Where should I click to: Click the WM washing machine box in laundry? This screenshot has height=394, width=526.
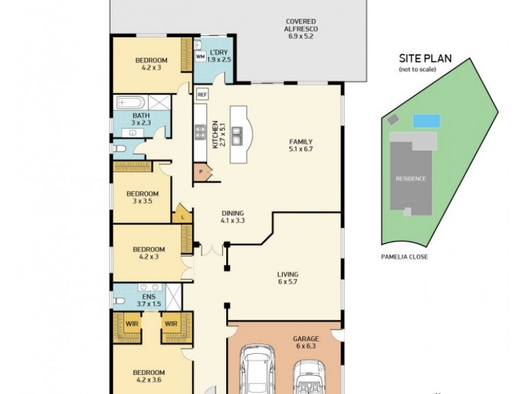coord(201,56)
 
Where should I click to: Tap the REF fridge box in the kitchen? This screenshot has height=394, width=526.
coord(202,94)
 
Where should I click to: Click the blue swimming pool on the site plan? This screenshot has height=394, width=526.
coord(426,121)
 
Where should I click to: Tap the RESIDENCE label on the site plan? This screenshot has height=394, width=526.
coord(410,179)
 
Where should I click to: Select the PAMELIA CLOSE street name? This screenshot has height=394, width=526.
coord(404,257)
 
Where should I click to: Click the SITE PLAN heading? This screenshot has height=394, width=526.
coord(425,58)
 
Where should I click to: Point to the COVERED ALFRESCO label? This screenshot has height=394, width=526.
coord(300,29)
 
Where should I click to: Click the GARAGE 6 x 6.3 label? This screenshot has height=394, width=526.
coord(306,343)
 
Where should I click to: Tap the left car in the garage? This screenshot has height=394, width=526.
coord(256,371)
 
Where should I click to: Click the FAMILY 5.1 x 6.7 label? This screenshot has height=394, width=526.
coord(301,145)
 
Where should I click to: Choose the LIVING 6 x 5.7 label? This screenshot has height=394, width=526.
coord(287,278)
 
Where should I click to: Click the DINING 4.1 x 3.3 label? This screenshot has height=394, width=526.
coord(232,217)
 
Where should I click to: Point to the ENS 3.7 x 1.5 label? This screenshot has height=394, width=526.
coord(149,300)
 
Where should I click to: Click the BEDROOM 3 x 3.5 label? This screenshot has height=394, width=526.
coord(143,198)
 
